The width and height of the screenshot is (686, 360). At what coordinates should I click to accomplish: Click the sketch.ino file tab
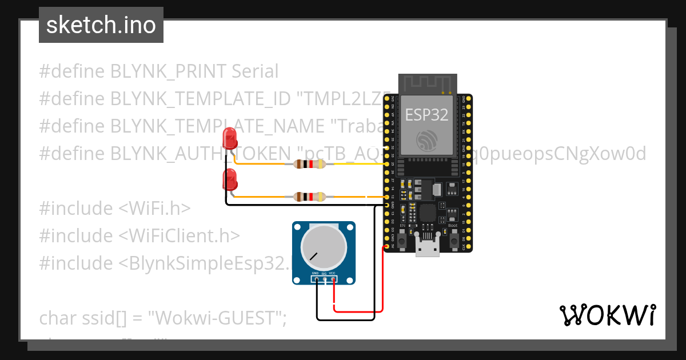[101, 25]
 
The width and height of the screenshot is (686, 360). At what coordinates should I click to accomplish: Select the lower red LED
[229, 179]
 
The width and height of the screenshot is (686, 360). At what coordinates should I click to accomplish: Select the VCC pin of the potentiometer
[333, 279]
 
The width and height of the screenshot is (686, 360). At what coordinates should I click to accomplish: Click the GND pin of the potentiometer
[316, 279]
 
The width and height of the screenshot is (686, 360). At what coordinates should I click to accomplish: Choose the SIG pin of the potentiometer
[324, 279]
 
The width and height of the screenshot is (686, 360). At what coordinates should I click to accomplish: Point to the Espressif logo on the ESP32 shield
[428, 139]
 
